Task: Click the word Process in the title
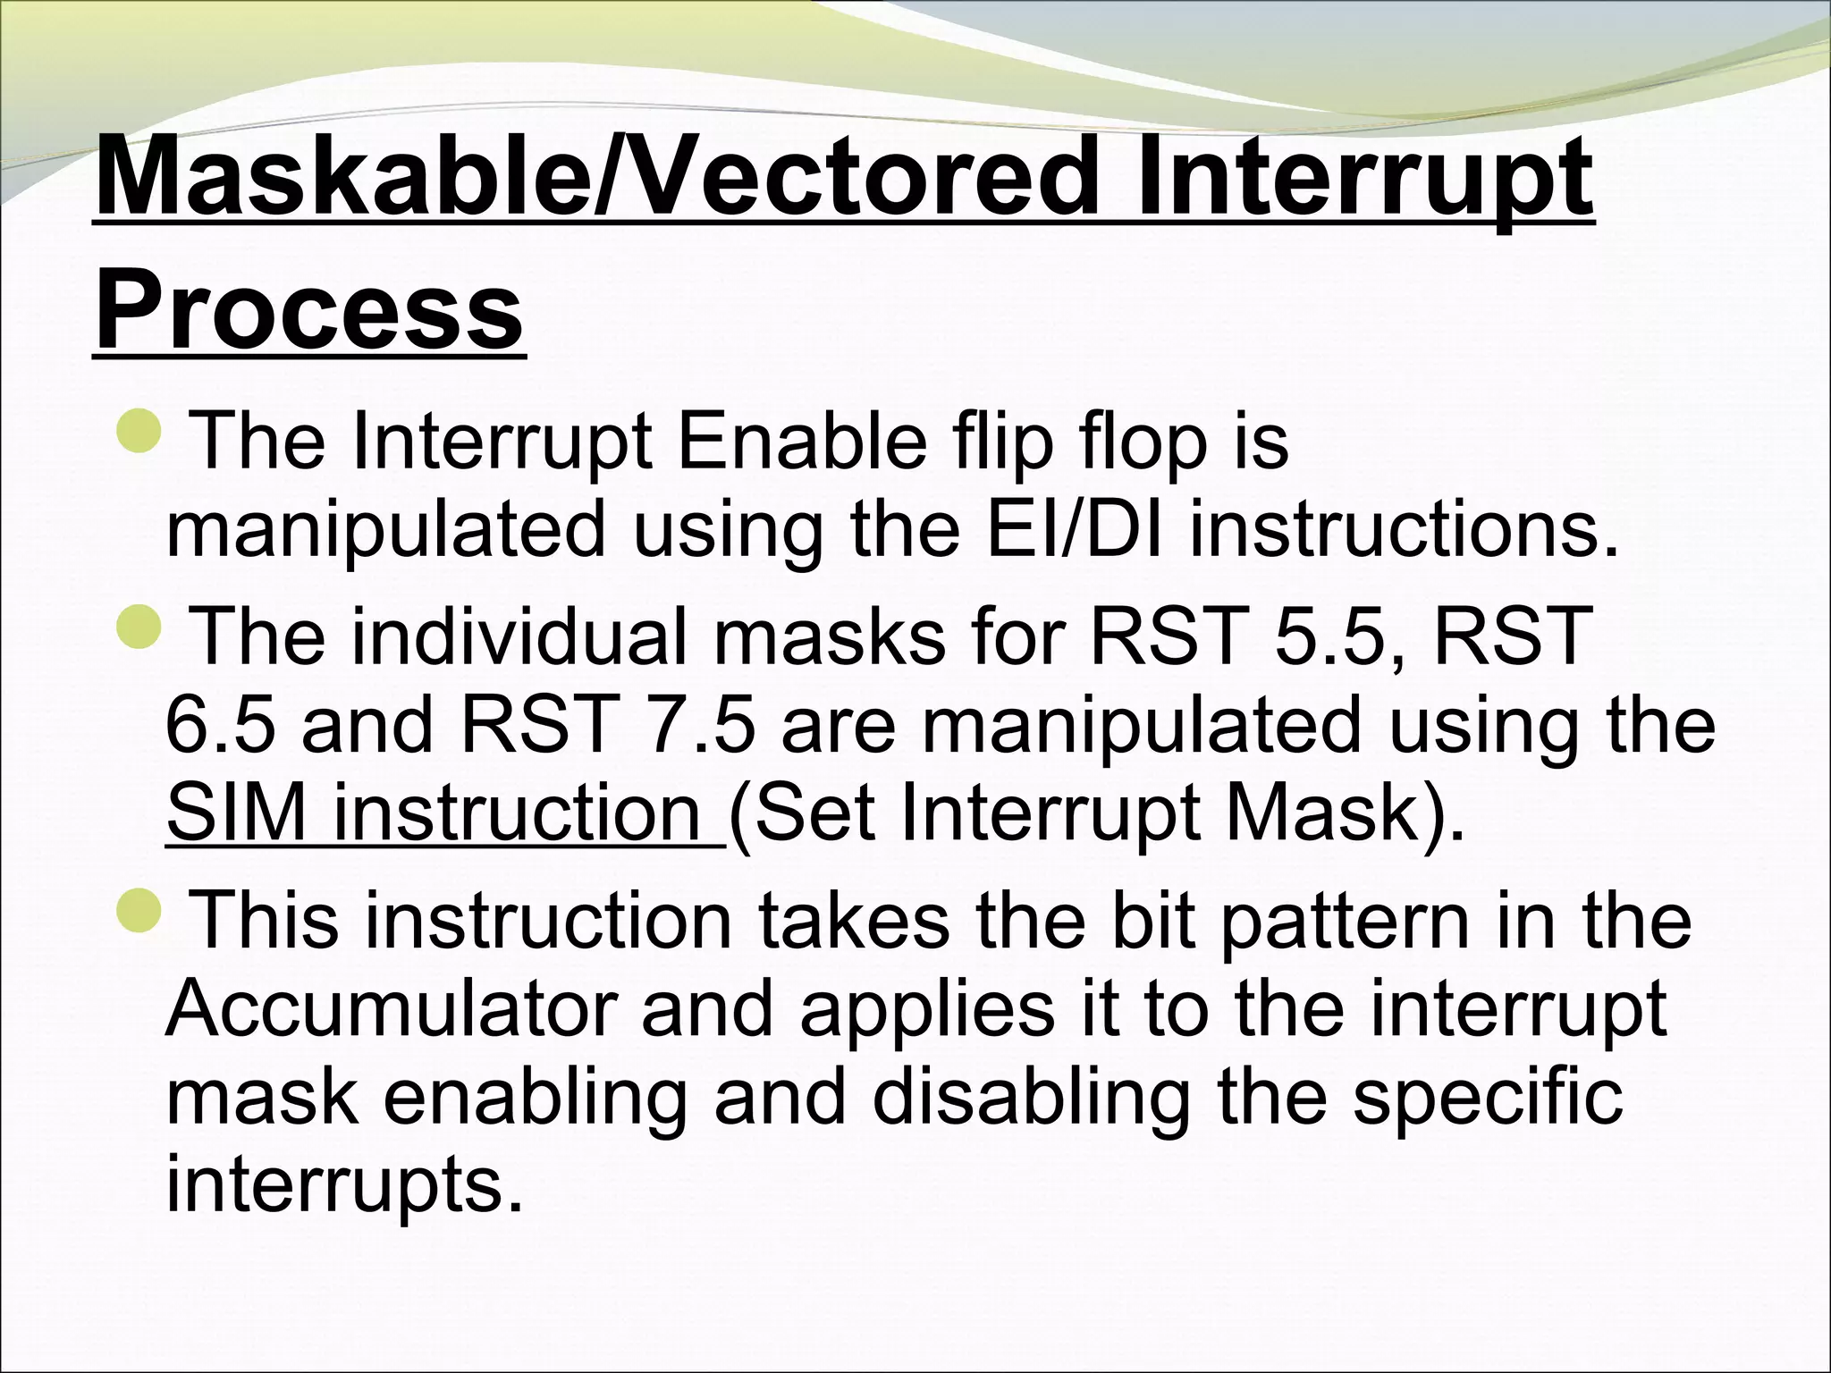click(x=308, y=308)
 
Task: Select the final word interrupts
click(x=344, y=1183)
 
